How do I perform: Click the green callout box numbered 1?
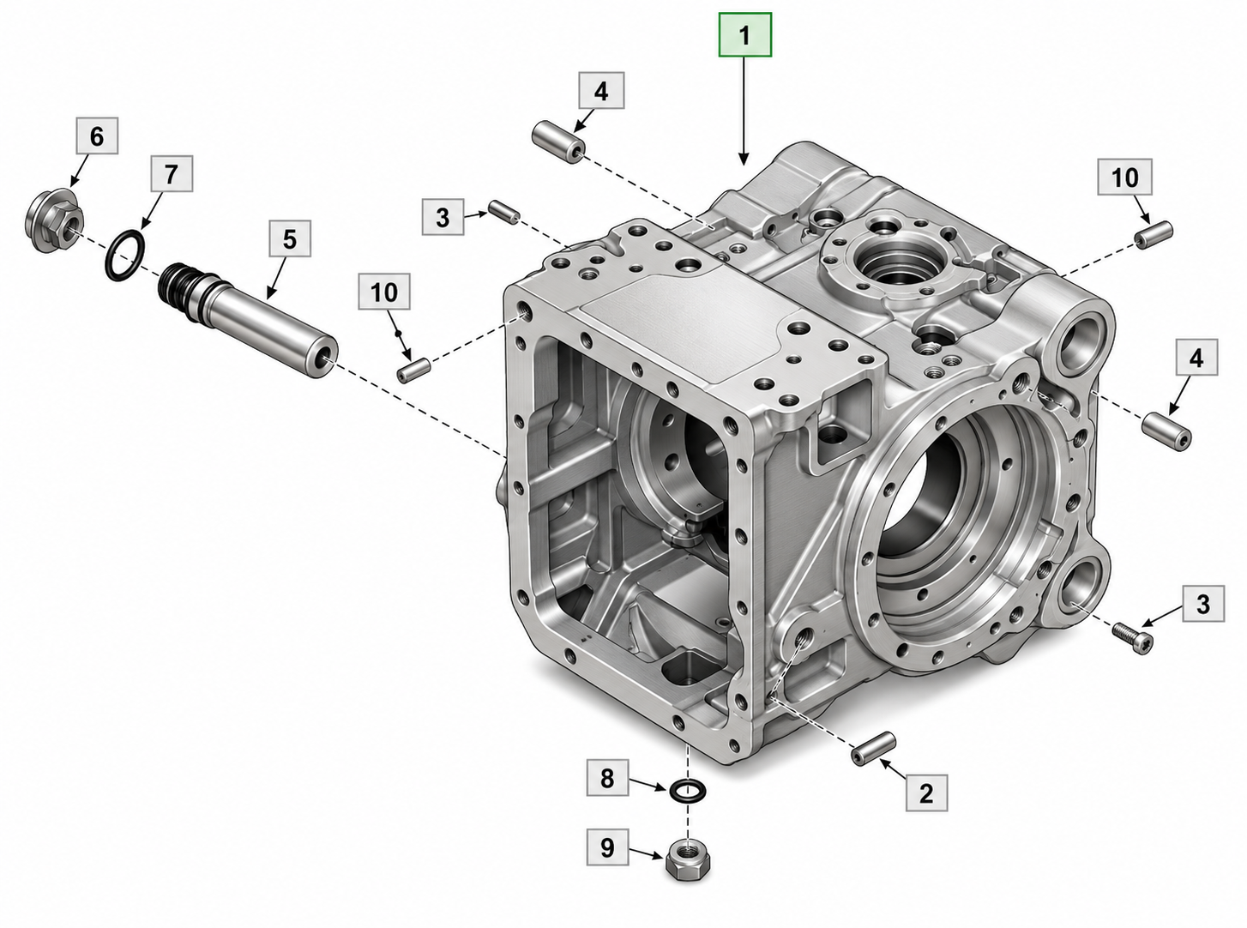coord(745,35)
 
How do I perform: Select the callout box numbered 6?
coord(97,136)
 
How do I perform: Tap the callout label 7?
coord(171,174)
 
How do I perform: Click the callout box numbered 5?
coord(290,238)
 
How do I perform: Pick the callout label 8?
coord(607,779)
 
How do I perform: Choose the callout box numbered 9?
coord(607,847)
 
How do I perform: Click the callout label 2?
coord(926,793)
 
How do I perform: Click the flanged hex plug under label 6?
coord(55,222)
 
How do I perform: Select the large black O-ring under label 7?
coord(125,256)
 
